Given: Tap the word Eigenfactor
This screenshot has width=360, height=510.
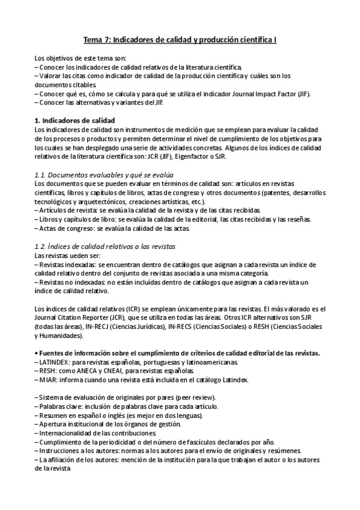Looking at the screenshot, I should [242, 156].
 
